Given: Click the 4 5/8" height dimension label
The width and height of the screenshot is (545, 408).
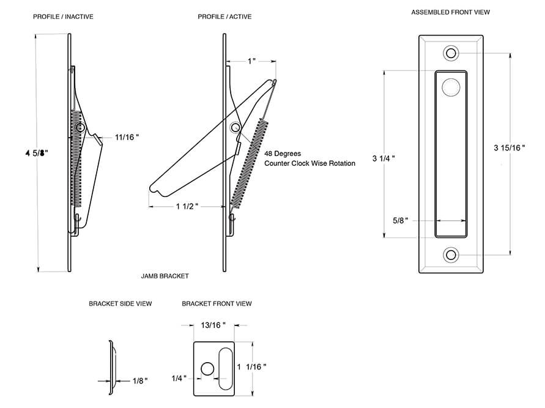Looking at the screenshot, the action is tap(37, 153).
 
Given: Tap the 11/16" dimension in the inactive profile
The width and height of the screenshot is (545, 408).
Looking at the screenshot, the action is tap(127, 137).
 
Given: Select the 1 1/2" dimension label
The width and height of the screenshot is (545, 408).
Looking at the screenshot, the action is tap(187, 206).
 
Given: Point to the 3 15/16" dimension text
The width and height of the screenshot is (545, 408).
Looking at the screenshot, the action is tap(509, 147).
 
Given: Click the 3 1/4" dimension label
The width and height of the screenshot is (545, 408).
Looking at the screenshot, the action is tap(384, 158).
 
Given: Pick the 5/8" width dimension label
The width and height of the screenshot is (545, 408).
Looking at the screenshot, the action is tap(401, 220).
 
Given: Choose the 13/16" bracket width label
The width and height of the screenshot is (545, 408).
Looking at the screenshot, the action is tap(213, 325).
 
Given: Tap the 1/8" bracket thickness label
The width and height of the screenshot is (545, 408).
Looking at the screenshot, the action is tap(140, 381).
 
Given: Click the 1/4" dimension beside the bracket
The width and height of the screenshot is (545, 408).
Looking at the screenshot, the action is tap(179, 378).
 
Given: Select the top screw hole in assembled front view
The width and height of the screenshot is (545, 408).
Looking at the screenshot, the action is tap(451, 53).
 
